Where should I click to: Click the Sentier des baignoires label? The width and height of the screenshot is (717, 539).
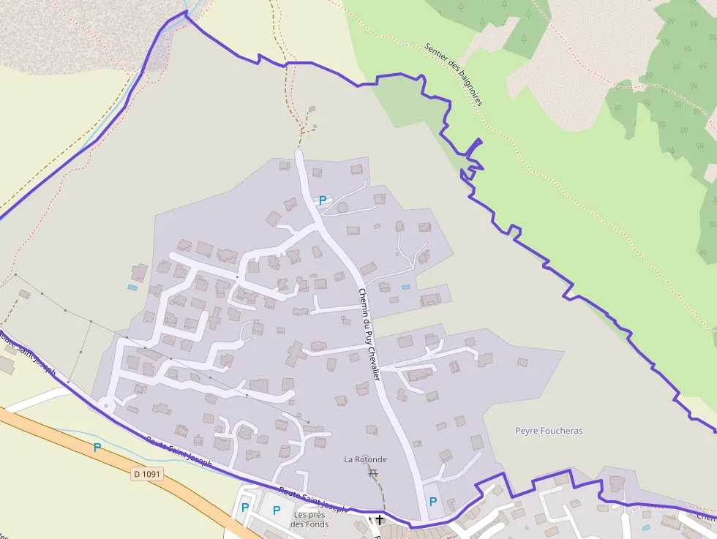tap(454, 74)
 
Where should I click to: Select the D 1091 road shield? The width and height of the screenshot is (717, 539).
tap(147, 474)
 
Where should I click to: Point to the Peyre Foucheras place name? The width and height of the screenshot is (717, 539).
tap(549, 431)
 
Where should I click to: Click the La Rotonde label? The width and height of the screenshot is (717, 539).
tap(365, 459)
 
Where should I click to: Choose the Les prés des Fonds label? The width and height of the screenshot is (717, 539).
tap(309, 519)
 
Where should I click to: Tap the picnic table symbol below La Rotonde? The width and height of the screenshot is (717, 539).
tap(373, 473)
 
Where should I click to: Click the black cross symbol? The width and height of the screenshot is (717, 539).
tap(380, 520)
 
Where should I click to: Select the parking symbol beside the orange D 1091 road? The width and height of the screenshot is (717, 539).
tap(97, 448)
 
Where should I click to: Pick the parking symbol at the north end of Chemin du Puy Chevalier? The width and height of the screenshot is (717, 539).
tap(323, 200)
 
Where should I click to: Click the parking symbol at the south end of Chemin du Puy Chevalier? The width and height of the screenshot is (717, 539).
tap(432, 502)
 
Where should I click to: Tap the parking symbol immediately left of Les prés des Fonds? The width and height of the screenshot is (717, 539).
tap(277, 510)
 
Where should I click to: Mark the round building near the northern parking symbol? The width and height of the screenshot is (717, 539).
tap(342, 208)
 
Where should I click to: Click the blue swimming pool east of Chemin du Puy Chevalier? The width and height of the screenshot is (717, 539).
tap(405, 287)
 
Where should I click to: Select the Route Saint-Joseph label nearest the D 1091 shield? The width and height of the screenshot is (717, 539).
tap(179, 451)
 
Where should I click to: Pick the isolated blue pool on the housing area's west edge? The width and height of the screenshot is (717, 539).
tap(132, 287)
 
